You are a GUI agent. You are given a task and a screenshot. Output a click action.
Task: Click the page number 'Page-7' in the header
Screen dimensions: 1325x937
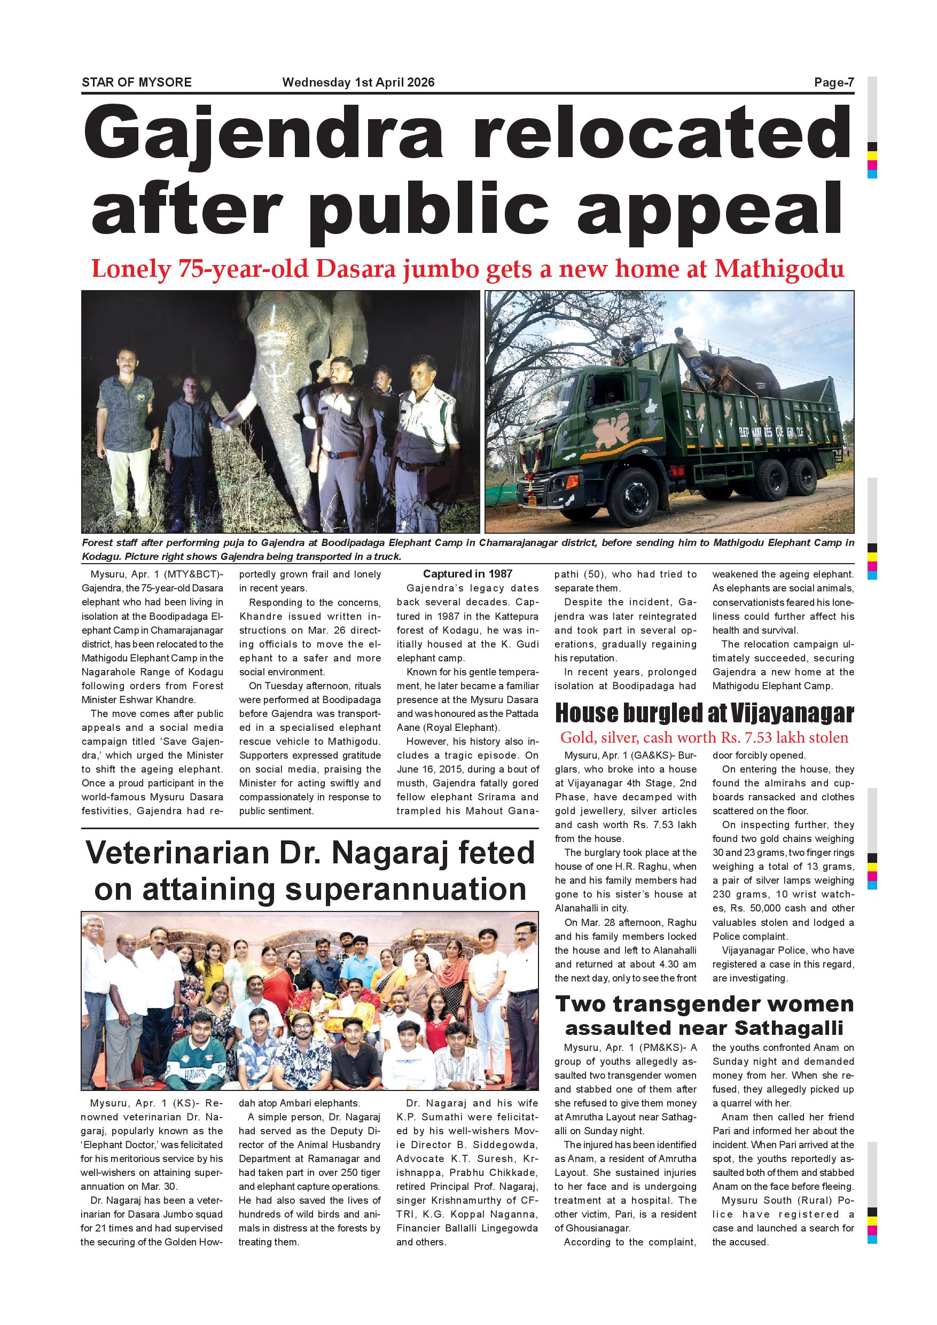[x=833, y=82]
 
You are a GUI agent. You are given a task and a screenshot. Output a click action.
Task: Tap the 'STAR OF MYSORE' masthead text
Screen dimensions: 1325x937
[x=137, y=82]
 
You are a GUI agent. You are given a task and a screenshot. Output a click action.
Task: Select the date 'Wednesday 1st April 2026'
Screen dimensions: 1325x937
[x=358, y=82]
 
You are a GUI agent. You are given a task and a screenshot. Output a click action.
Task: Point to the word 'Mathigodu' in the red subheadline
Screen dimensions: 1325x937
[x=779, y=269]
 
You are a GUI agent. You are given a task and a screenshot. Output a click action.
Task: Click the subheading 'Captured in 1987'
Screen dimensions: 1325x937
[x=467, y=574]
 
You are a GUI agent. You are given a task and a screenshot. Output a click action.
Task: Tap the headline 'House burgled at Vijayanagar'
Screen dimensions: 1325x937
[x=704, y=714]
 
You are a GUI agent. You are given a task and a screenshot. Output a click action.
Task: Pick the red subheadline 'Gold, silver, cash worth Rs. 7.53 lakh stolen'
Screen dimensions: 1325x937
[x=704, y=737]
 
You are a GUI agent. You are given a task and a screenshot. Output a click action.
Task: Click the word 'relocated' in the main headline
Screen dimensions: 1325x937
[x=661, y=136]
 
